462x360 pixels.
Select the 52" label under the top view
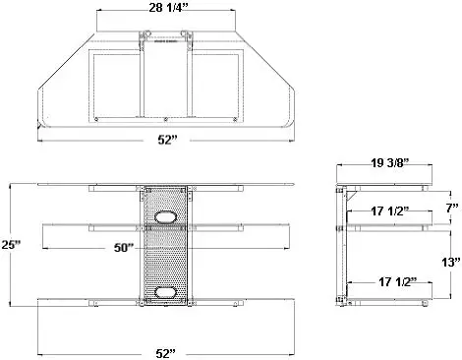click(167, 140)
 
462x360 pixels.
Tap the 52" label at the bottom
click(166, 353)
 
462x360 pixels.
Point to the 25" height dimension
click(11, 245)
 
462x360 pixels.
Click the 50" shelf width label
click(125, 247)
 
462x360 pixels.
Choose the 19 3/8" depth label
click(390, 162)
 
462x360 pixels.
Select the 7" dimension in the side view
click(452, 208)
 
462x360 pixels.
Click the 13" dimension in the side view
click(451, 262)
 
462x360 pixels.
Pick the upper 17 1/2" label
click(390, 210)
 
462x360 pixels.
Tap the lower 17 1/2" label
click(398, 281)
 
